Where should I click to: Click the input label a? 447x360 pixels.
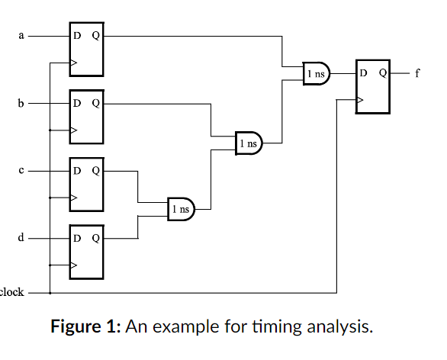coord(21,36)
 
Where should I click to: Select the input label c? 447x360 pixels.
coord(21,171)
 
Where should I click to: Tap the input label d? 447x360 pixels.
coord(21,238)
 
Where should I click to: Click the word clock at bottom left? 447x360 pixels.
coord(11,292)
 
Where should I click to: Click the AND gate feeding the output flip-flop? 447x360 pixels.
coord(317,74)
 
